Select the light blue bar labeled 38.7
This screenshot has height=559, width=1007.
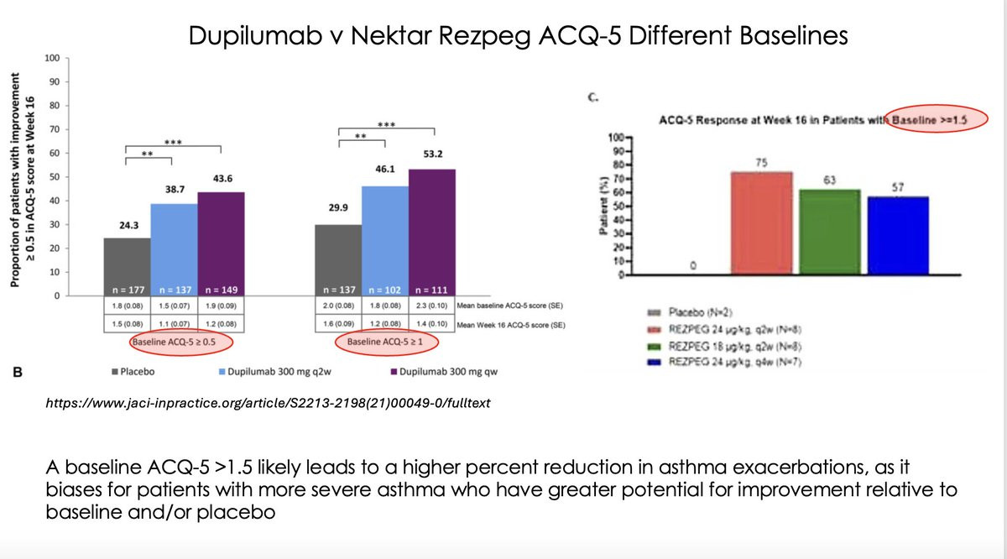173,243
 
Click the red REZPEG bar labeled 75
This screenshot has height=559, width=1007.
762,222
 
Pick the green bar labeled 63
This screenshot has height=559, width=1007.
828,231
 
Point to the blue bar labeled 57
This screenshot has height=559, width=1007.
898,235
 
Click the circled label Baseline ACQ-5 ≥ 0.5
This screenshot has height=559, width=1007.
180,342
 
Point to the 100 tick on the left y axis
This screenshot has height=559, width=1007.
52,58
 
